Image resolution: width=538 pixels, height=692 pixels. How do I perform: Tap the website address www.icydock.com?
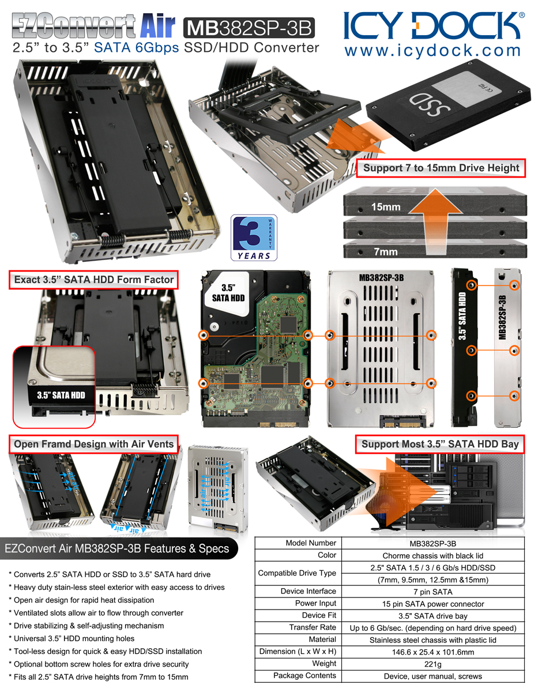tap(432, 51)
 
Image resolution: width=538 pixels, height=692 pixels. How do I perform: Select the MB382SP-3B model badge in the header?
tap(249, 28)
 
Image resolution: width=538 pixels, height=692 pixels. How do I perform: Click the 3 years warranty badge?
tap(254, 238)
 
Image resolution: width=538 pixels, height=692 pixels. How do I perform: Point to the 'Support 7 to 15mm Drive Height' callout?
tap(441, 168)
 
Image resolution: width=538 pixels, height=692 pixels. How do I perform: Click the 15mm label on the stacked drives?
tap(386, 207)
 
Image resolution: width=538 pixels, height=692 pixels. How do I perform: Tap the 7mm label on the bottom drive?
tap(386, 252)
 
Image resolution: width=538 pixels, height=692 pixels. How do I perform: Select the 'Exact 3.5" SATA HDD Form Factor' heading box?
tap(93, 280)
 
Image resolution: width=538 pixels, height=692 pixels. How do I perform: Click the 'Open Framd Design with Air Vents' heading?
tap(93, 444)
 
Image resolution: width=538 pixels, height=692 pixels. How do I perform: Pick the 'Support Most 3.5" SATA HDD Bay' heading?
tap(440, 444)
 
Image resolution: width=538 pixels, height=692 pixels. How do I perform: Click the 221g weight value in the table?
tap(433, 664)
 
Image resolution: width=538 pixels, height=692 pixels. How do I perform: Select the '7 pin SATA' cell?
tap(433, 592)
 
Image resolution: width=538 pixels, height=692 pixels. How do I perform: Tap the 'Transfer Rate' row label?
tap(313, 627)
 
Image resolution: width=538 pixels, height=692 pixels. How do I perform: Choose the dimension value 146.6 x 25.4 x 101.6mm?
tap(433, 652)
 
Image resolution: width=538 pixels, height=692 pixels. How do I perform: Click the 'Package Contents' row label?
tap(304, 675)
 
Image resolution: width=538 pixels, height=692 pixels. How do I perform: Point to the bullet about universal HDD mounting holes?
tap(72, 638)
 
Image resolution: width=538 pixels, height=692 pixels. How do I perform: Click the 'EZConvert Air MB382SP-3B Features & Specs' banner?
tap(117, 548)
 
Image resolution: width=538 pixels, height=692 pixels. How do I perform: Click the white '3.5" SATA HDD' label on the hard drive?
tap(228, 293)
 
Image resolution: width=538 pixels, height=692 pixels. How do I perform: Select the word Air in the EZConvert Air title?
tap(158, 25)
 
